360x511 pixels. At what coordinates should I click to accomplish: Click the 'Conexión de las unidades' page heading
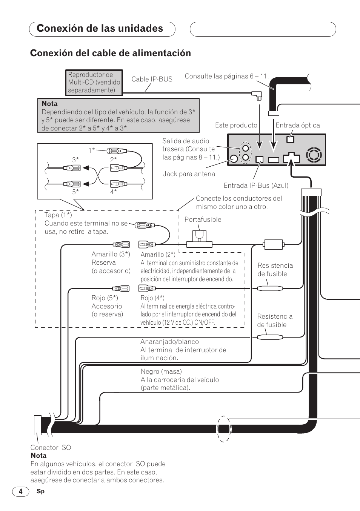coord(100,29)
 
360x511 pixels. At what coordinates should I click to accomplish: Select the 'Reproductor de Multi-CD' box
coord(94,83)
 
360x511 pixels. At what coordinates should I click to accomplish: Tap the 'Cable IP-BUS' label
coord(152,79)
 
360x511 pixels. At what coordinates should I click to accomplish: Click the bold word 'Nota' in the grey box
coord(50,104)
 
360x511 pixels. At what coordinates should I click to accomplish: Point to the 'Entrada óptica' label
coord(298,125)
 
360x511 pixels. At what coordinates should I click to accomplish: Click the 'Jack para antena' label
coord(189,174)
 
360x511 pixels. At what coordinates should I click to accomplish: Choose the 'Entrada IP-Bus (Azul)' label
coord(256,186)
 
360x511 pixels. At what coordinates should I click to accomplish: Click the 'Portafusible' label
coord(203,219)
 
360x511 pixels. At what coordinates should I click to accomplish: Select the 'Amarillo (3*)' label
coord(111,254)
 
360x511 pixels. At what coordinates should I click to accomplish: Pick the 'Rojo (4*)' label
coord(152,298)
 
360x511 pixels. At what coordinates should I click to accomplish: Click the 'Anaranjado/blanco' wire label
coord(169,342)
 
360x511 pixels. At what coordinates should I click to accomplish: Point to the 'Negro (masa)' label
coord(161,371)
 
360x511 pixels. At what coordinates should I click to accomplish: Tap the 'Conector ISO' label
coord(51,448)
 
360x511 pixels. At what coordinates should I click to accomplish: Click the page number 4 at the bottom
coord(21,491)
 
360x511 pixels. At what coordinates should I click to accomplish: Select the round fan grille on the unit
coord(314,155)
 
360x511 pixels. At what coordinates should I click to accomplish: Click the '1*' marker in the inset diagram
coord(92,150)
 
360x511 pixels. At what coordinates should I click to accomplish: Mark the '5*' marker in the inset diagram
coord(75,192)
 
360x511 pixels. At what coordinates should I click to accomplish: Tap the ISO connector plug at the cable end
coord(38,425)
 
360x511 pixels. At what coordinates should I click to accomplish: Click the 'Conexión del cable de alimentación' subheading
coord(111,53)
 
